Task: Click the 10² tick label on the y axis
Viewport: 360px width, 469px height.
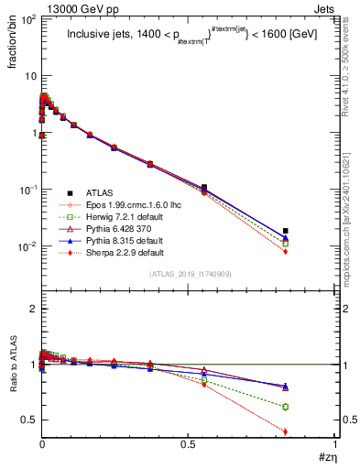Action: (27, 18)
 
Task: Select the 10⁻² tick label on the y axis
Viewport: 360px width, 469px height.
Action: (27, 246)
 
